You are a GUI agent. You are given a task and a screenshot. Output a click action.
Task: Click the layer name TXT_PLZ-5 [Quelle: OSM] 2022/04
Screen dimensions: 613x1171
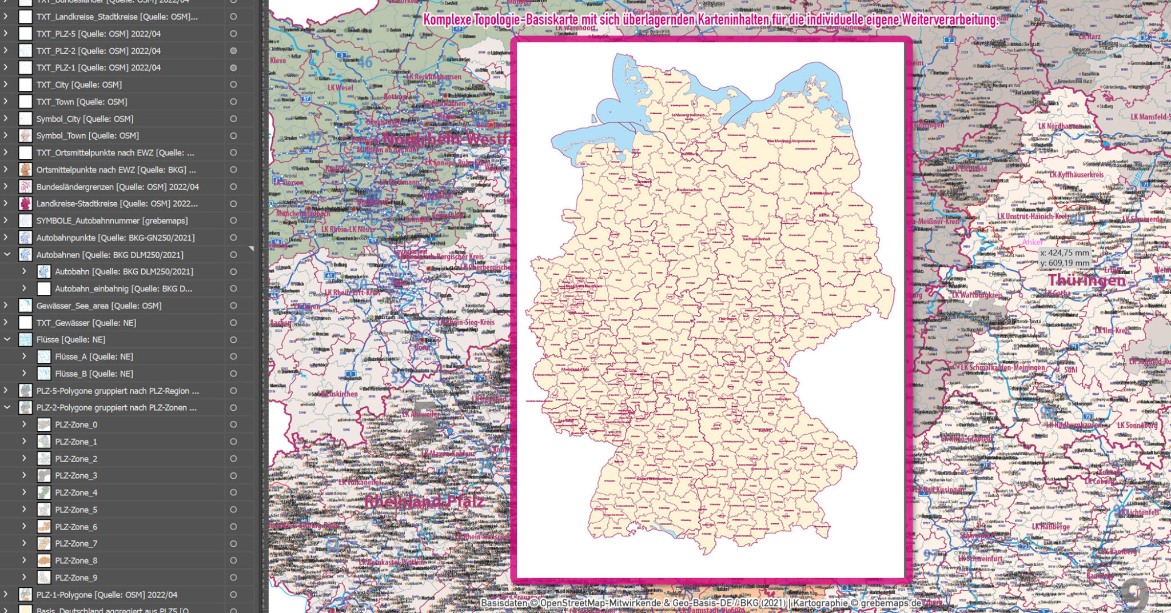(98, 34)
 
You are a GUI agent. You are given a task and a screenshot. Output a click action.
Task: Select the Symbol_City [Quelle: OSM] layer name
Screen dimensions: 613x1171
(85, 119)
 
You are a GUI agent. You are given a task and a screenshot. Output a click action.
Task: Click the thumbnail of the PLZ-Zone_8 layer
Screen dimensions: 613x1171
(44, 560)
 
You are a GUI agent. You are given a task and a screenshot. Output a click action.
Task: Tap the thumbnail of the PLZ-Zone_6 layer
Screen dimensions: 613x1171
(44, 527)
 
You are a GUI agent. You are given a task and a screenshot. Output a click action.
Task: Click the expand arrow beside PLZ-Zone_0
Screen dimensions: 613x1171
(24, 424)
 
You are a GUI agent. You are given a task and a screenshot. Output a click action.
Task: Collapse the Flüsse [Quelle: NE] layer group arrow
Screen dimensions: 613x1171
(7, 339)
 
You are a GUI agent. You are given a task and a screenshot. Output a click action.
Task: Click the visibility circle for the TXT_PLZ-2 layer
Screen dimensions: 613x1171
(233, 51)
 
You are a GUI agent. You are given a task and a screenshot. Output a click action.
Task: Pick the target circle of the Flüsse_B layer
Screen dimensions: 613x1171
(233, 374)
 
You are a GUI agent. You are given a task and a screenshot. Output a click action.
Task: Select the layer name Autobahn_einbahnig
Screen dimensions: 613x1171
(124, 289)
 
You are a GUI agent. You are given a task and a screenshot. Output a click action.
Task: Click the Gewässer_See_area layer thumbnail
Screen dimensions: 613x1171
(26, 306)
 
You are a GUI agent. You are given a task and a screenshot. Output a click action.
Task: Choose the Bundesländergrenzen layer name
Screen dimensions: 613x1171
(117, 187)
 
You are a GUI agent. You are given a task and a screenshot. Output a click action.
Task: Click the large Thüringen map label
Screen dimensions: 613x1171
(1086, 280)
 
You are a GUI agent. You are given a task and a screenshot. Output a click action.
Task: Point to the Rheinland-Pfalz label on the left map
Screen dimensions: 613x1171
(424, 502)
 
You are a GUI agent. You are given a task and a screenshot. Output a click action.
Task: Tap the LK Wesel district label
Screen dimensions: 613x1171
(340, 87)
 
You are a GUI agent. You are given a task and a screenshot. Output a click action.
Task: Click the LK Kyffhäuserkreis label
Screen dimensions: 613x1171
(1077, 174)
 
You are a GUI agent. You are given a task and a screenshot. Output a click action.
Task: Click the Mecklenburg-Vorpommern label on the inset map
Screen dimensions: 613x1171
(791, 141)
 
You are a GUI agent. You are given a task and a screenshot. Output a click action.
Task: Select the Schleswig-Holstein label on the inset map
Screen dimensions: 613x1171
(688, 115)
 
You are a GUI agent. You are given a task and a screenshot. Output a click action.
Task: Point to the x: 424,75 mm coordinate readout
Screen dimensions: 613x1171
(1065, 253)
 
